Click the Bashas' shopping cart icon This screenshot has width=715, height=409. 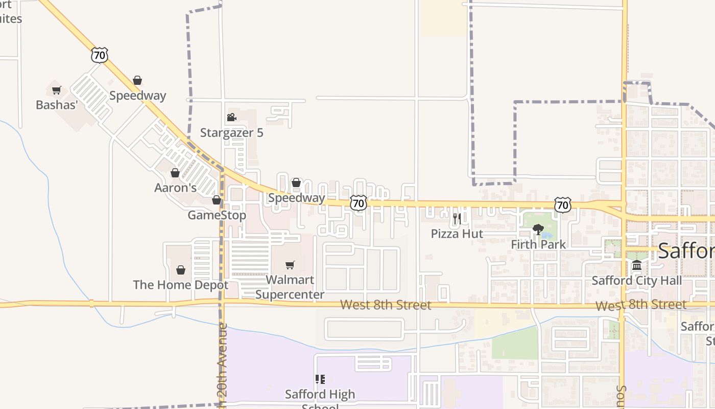(x=56, y=90)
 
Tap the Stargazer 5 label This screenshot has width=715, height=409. (x=231, y=133)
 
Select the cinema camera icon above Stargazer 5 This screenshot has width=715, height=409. (x=231, y=118)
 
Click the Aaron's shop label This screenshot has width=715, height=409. (x=175, y=188)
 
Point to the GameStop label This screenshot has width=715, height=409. (x=217, y=215)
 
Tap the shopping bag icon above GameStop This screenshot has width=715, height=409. (x=217, y=200)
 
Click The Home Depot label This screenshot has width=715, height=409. (x=180, y=285)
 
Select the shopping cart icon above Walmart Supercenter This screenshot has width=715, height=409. (x=290, y=265)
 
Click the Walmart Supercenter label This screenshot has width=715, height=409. (x=290, y=287)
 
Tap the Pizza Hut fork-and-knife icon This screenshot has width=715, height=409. (x=457, y=219)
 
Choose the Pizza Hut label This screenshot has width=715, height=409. (x=457, y=234)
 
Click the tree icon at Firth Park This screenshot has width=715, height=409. (x=538, y=230)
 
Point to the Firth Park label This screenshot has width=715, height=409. (x=538, y=244)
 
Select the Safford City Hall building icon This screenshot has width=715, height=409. (x=636, y=265)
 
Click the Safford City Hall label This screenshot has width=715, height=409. (x=636, y=281)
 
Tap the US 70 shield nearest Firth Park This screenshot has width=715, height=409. (x=562, y=205)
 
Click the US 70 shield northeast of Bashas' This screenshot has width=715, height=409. (x=100, y=55)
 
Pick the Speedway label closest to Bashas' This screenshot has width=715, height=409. (x=137, y=96)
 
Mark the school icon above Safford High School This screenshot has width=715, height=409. (x=320, y=379)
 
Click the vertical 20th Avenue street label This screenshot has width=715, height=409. (x=222, y=366)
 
